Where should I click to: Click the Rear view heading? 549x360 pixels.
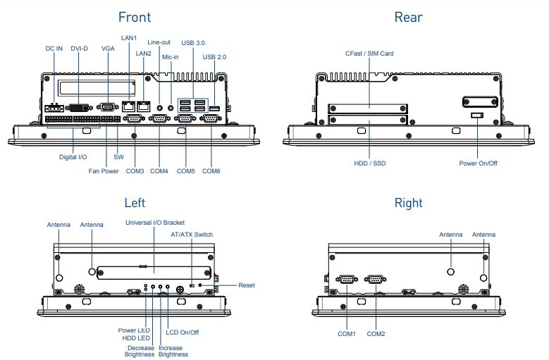408,17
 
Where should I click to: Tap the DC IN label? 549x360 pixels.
54,49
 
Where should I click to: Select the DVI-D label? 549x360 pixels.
80,49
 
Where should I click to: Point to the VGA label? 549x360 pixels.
108,49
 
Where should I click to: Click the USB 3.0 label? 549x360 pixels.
193,44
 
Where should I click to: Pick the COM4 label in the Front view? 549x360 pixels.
159,171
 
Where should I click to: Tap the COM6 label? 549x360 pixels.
211,171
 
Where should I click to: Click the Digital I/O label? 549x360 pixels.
73,157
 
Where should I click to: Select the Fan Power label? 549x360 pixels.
104,171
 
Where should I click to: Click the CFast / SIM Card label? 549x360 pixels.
369,53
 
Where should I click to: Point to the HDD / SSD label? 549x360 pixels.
370,163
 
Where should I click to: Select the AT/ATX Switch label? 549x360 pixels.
192,235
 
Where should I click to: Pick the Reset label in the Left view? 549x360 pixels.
247,285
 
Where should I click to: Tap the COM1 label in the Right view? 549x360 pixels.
346,333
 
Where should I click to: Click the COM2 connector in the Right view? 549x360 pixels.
375,280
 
